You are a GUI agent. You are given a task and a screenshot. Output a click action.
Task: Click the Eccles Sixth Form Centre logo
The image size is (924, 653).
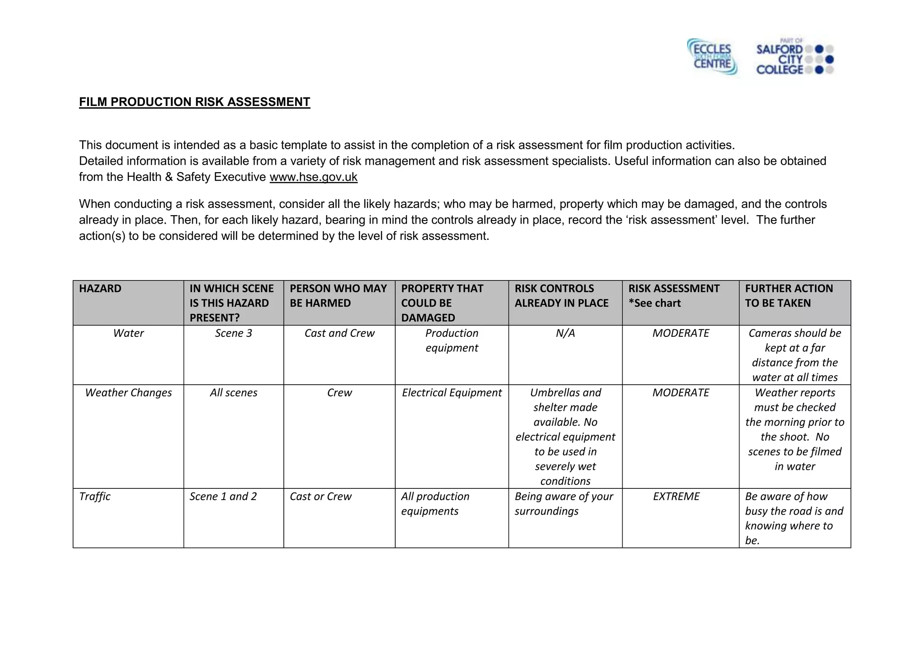tap(712, 57)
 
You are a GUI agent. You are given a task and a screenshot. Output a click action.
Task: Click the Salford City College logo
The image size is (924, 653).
tap(794, 58)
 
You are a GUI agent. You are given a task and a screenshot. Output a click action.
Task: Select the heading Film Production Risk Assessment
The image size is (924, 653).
tap(194, 102)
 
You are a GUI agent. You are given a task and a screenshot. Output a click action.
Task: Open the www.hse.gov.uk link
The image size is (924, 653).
tap(313, 177)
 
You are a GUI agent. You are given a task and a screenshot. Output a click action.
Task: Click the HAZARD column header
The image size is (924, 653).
tap(100, 289)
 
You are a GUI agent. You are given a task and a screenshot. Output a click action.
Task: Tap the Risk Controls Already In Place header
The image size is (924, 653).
tap(561, 296)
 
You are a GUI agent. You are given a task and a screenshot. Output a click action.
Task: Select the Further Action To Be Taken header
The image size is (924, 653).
tap(789, 296)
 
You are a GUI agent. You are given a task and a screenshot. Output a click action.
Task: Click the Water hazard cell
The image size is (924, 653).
tap(128, 333)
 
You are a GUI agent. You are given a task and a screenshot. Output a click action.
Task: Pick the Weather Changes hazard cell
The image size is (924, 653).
tap(128, 393)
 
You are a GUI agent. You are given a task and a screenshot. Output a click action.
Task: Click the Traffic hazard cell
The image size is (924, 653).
tap(95, 497)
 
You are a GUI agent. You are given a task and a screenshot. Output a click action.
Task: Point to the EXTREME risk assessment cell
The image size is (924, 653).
tap(676, 497)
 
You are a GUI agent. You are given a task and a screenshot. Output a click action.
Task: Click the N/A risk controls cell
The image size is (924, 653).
tap(565, 333)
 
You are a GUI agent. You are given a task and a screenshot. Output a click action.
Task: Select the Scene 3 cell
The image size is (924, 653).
tap(233, 333)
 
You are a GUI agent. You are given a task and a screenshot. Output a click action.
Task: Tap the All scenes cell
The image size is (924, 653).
tap(233, 393)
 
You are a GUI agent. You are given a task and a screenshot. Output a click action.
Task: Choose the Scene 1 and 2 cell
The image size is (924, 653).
tap(223, 497)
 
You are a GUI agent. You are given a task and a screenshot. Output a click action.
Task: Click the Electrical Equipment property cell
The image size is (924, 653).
tap(452, 393)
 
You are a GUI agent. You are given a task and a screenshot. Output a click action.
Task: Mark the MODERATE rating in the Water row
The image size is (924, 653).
tap(680, 333)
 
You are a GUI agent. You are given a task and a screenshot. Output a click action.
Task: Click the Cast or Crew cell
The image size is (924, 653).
tap(320, 497)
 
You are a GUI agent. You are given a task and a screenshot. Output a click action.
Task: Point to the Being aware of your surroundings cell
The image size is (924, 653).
tap(564, 504)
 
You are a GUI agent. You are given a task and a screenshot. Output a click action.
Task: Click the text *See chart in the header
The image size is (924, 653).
tap(654, 304)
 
